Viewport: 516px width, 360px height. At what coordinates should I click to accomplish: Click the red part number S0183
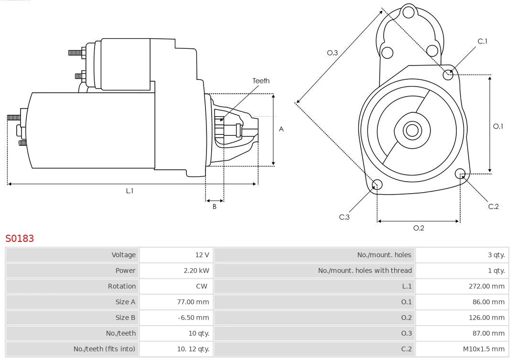tap(20, 239)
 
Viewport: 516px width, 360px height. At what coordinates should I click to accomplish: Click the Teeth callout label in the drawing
tap(261, 81)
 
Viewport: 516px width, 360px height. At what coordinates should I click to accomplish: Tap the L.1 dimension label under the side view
tap(129, 191)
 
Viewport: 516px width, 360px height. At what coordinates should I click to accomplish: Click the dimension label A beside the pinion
tap(281, 129)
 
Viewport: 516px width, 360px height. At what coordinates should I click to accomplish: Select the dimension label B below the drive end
tap(215, 207)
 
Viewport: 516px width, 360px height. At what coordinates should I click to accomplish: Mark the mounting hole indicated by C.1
tap(448, 74)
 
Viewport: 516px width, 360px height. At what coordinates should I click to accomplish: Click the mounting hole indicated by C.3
tap(377, 185)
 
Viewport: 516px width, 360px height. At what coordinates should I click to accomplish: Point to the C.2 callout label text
tap(493, 207)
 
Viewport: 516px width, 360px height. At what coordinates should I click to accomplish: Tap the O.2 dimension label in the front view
tap(419, 228)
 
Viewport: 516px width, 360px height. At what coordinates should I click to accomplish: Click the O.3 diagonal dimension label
tap(333, 53)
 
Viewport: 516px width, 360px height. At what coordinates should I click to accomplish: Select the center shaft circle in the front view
tap(411, 130)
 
